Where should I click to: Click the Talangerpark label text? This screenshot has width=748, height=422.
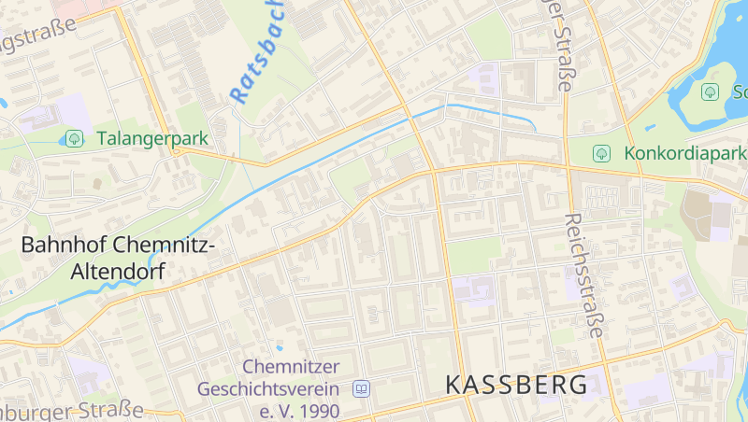click(152, 138)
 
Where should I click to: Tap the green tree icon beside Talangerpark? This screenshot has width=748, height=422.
click(73, 138)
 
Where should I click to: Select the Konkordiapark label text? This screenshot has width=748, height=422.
click(684, 152)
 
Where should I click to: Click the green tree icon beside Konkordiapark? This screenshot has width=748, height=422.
click(601, 152)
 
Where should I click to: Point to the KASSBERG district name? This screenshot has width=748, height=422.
click(517, 384)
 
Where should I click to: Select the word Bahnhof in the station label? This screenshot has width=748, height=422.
click(63, 246)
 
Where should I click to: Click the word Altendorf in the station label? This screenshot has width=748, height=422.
click(118, 273)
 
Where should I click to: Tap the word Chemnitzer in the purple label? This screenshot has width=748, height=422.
click(291, 366)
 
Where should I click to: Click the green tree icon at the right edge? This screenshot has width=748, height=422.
click(710, 91)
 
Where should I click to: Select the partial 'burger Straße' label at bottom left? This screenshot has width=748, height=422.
click(71, 412)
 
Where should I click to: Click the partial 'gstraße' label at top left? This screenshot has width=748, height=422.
click(37, 38)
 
